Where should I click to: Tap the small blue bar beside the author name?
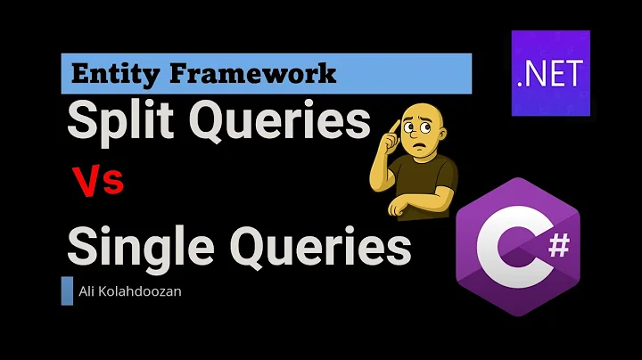click(x=67, y=291)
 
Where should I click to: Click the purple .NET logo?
click(x=550, y=72)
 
